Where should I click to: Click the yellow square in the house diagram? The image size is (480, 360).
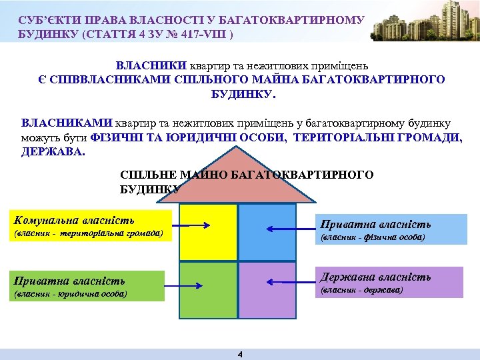pyautogui.click(x=209, y=231)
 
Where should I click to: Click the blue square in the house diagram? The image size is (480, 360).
pyautogui.click(x=267, y=231)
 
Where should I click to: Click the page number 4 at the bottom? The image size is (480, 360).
pyautogui.click(x=240, y=354)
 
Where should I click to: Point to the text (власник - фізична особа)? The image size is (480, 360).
pyautogui.click(x=373, y=237)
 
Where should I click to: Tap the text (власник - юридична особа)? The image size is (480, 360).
pyautogui.click(x=70, y=293)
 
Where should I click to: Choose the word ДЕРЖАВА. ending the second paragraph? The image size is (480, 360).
pyautogui.click(x=53, y=151)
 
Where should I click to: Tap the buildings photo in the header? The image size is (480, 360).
pyautogui.click(x=419, y=25)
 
